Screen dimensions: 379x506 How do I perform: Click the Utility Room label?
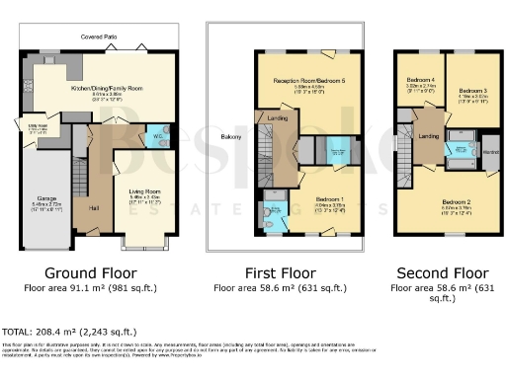pyautogui.click(x=38, y=126)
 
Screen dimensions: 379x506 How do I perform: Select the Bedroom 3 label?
pyautogui.click(x=471, y=90)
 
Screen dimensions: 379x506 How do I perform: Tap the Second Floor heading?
pyautogui.click(x=442, y=271)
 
